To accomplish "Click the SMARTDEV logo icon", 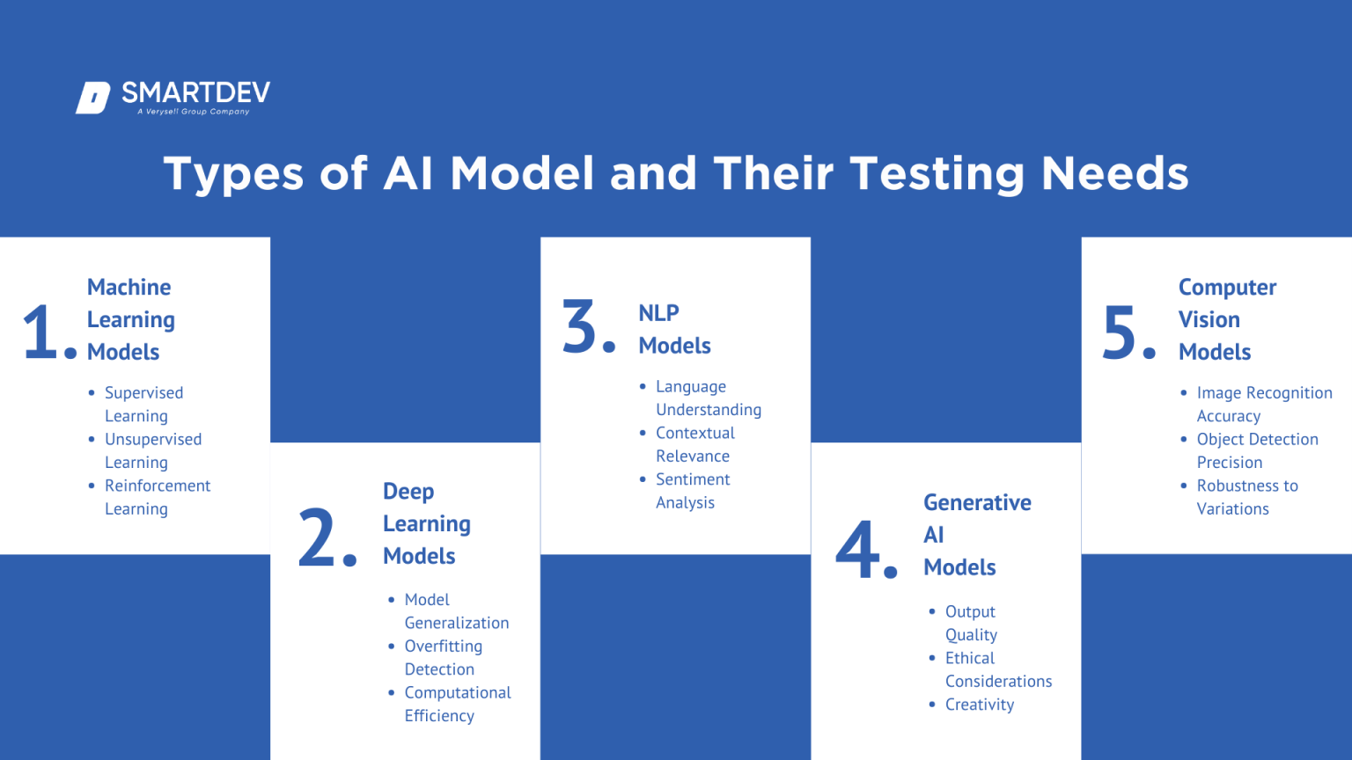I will click(x=93, y=98).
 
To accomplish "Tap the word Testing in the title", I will click(x=937, y=173).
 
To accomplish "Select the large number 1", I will click(x=40, y=332).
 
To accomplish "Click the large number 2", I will click(x=317, y=537).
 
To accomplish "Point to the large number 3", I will click(x=581, y=326).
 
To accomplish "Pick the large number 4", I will click(x=857, y=550).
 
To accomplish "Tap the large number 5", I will click(x=1120, y=332).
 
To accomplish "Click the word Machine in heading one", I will click(x=129, y=288).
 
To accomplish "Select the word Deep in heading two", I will click(x=408, y=492).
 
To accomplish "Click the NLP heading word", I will click(x=658, y=313).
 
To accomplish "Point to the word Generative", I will click(x=977, y=503).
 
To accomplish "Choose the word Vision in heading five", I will click(x=1209, y=320).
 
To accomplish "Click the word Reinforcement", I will click(x=158, y=486).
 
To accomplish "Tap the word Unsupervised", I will click(x=153, y=439).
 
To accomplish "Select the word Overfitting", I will click(x=443, y=647).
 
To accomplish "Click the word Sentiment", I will click(x=693, y=479).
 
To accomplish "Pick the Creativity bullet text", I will click(x=979, y=705).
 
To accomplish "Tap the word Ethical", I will click(x=969, y=658).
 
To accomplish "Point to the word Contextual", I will click(x=694, y=433).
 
